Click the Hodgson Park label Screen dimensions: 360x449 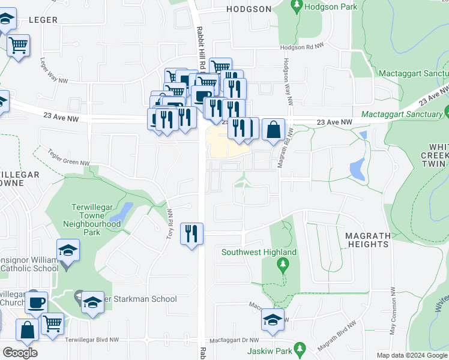point(331,7)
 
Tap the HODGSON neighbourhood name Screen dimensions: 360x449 point(249,9)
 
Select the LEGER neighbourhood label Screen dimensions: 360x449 point(43,20)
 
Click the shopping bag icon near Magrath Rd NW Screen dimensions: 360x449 point(273,130)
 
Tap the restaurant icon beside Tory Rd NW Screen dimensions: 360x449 point(191,233)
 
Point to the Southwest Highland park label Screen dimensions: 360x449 point(259,253)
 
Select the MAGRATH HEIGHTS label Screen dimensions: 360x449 point(368,240)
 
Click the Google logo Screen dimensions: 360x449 point(20,353)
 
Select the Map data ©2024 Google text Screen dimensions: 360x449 point(412,355)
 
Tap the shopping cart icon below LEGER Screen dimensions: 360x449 point(19,45)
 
